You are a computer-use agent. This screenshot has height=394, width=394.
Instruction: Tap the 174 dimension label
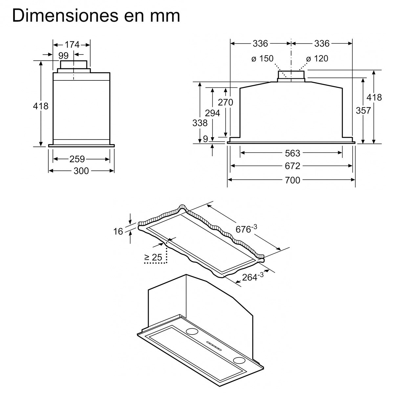pos(72,44)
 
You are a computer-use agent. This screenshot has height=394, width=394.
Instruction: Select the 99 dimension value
pos(63,55)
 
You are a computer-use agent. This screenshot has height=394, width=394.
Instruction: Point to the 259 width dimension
pos(77,159)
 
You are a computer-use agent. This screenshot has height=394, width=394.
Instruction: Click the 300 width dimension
pos(81,171)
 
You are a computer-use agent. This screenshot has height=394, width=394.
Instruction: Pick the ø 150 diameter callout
pos(262,59)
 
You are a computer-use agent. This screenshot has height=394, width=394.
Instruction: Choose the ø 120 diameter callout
pos(317,59)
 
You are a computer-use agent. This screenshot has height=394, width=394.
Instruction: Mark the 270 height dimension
pos(226,102)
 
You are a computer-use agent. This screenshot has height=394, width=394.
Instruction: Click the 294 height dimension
pos(212,113)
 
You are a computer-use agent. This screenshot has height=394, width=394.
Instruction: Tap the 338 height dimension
pos(200,123)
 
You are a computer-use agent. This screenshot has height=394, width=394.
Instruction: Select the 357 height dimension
pos(363,111)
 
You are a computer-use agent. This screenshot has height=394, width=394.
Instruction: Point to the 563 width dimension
pos(292,153)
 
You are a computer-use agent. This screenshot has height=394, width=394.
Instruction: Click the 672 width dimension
pos(292,166)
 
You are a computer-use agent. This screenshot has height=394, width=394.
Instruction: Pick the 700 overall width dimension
pos(292,180)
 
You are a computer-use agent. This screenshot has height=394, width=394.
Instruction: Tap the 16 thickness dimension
pos(118,231)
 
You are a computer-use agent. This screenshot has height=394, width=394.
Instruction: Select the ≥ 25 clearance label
pos(153,258)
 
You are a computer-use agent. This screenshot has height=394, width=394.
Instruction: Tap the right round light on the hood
pos(239,360)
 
